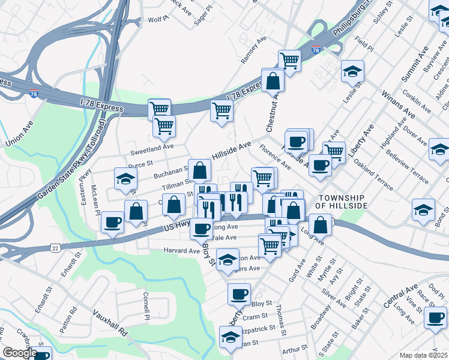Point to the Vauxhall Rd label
click(110, 322)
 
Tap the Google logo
click(19, 353)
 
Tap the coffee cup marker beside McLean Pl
click(112, 222)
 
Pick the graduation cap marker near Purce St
click(125, 178)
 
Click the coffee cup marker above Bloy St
click(239, 294)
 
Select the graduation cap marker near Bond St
click(423, 210)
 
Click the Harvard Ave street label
click(181, 250)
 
